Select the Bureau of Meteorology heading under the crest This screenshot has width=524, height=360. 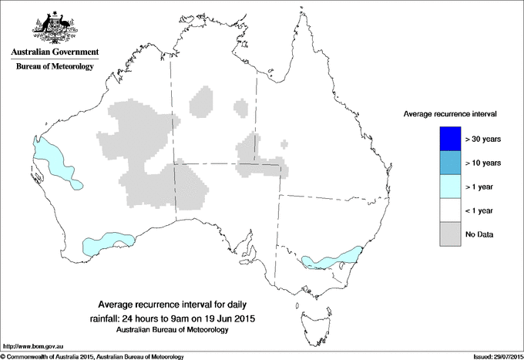coord(55,67)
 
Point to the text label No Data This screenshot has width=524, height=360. coord(482,234)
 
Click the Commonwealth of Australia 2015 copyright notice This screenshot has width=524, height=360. coord(92,356)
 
